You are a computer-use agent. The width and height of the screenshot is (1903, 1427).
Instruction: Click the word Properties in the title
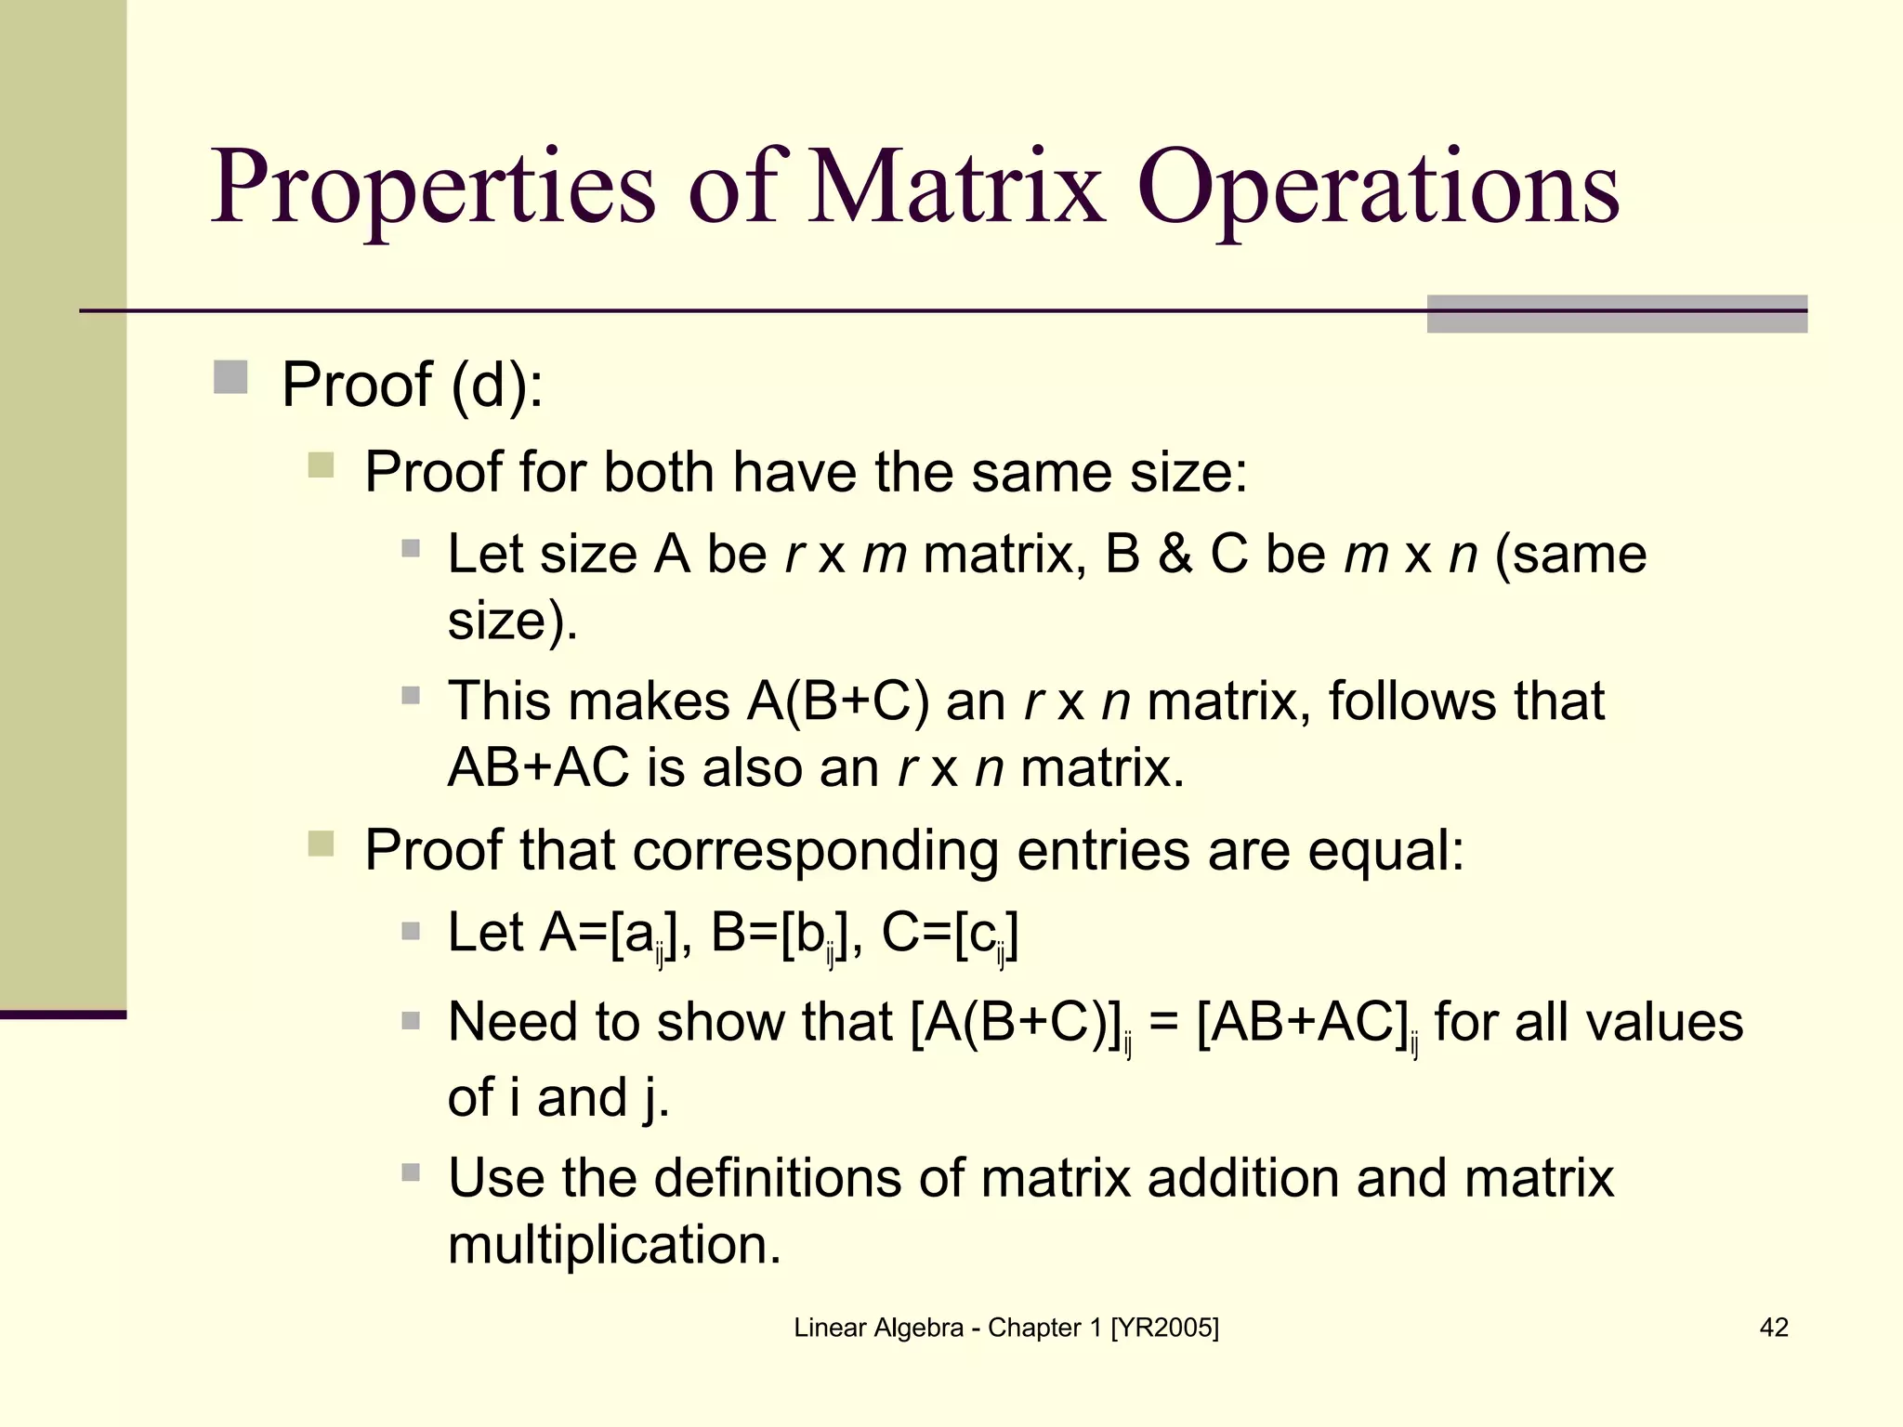[x=434, y=189]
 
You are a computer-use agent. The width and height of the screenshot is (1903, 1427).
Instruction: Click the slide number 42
[x=1774, y=1328]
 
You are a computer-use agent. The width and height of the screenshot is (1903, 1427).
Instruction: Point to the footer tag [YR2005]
[x=1164, y=1328]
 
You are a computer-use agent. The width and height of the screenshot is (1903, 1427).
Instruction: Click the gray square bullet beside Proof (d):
[x=230, y=378]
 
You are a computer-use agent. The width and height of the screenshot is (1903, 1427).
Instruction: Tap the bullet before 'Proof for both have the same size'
[x=321, y=465]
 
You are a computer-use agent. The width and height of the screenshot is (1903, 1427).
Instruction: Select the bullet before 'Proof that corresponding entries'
[x=321, y=844]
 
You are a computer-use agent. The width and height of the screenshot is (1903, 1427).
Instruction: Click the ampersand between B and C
[x=1175, y=554]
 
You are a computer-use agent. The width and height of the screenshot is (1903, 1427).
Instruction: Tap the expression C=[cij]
[x=950, y=934]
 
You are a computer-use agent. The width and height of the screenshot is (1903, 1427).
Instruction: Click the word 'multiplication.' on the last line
[x=614, y=1245]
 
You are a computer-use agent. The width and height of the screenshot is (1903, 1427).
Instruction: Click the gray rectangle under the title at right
[x=1617, y=314]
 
